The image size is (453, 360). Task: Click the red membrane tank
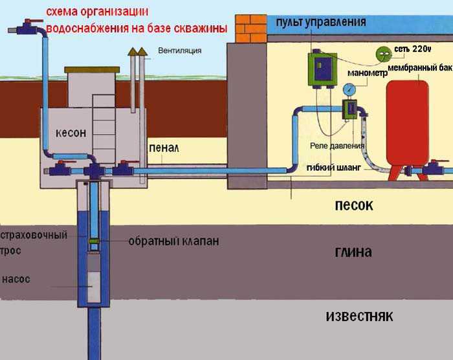pos(407,124)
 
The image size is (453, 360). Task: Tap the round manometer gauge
pos(349,89)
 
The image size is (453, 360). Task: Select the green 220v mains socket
pos(384,54)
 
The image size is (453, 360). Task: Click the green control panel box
pos(323,69)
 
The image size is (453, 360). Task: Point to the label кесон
pos(71,133)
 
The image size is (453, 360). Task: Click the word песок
pos(354,205)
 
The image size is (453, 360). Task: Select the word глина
pos(353,252)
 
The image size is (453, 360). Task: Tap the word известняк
pos(359,316)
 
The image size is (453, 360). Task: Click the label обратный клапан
pos(173,241)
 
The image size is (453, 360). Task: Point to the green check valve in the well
pos(94,241)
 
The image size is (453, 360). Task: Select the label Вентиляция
pos(179,51)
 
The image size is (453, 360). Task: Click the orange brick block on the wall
pos(251,28)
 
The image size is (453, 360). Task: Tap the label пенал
pos(164,148)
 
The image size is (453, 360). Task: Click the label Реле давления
pos(337,146)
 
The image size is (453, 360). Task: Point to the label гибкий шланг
pos(334,168)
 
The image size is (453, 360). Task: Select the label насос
pos(16,279)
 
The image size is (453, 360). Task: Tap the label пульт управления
pos(321,22)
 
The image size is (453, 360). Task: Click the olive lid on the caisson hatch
pos(92,70)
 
